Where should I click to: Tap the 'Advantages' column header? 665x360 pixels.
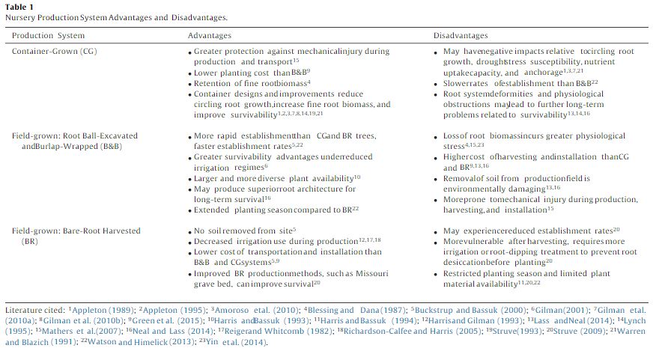(211, 35)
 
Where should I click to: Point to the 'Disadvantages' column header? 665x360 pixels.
(461, 35)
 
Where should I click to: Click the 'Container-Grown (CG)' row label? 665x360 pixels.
(55, 51)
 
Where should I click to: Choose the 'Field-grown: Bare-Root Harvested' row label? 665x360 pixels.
(76, 231)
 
